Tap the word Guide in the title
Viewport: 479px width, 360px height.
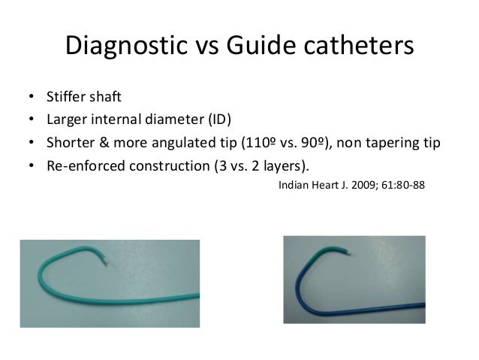pos(259,47)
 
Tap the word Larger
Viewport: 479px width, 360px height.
pos(66,120)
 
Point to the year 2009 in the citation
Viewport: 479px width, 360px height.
pos(360,182)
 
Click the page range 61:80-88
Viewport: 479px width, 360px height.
pos(402,182)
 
